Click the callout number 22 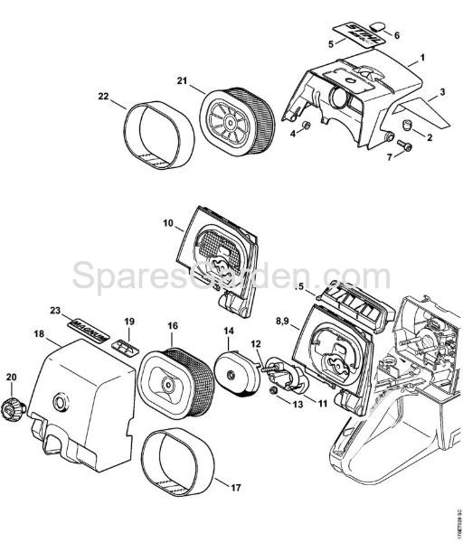point(104,97)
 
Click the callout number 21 point(182,82)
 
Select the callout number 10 point(168,221)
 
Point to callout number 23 point(55,311)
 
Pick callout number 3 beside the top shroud point(443,92)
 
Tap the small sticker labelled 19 point(126,346)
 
